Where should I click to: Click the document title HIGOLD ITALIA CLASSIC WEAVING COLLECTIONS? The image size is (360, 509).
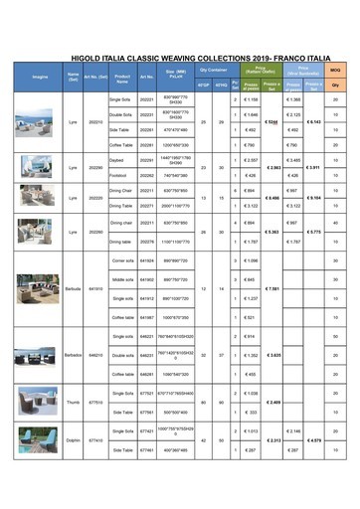click(179, 59)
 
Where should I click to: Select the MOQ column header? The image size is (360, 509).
click(335, 70)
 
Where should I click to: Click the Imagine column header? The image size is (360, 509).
click(40, 77)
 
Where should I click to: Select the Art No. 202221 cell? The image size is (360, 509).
click(147, 100)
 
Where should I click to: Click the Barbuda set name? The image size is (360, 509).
click(73, 288)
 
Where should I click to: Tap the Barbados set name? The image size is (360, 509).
click(73, 353)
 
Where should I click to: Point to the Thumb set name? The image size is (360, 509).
click(73, 403)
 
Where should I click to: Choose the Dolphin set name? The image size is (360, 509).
click(73, 439)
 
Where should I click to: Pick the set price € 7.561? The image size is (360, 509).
click(272, 288)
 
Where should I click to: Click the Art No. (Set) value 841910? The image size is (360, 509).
click(95, 288)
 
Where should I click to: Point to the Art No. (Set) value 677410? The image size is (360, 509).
click(95, 439)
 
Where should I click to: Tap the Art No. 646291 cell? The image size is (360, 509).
click(147, 374)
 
